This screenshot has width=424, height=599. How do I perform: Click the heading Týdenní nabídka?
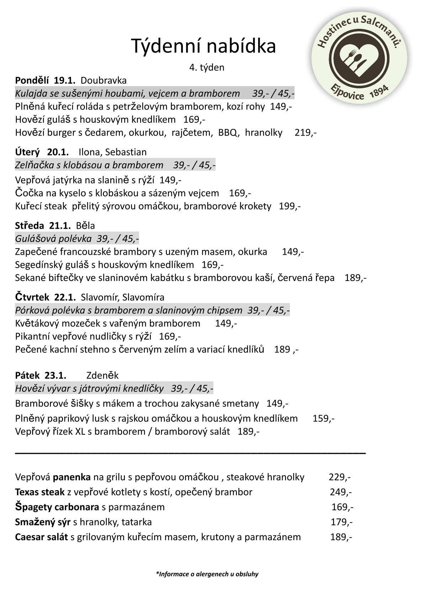click(204, 46)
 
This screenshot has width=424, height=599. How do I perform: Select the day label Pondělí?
click(32, 80)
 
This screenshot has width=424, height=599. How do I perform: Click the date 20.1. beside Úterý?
click(58, 152)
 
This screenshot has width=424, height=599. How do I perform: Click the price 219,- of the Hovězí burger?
click(306, 133)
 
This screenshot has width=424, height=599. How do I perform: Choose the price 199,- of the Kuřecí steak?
click(290, 206)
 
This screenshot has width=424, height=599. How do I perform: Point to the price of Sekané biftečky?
click(355, 278)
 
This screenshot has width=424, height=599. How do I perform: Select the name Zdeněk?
click(102, 375)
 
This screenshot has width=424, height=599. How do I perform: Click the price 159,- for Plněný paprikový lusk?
click(323, 418)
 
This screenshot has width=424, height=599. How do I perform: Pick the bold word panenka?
click(72, 477)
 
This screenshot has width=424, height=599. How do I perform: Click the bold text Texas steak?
click(40, 492)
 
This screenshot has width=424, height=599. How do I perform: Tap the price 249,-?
click(341, 492)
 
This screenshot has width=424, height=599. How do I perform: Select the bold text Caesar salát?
click(41, 537)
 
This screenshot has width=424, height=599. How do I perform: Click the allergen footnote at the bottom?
click(207, 574)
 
